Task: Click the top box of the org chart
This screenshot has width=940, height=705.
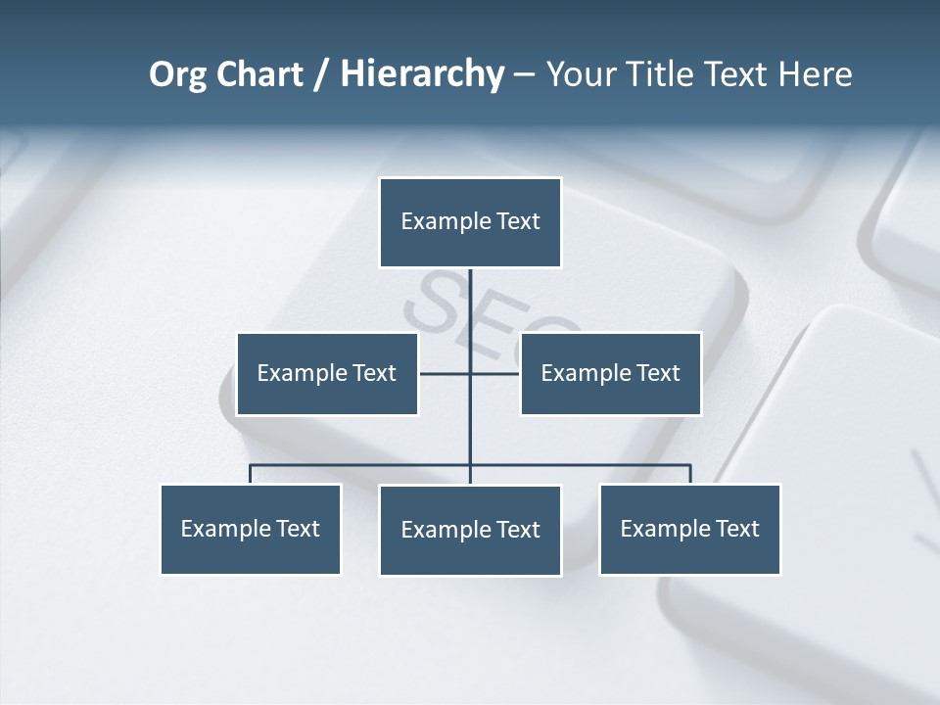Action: tap(470, 222)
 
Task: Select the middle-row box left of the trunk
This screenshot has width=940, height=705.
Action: tap(327, 373)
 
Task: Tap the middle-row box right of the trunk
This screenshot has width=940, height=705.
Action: tap(610, 373)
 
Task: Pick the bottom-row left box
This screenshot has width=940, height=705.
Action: tap(251, 529)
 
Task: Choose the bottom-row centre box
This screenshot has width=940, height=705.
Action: tap(470, 530)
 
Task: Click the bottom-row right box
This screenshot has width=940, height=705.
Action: tap(689, 529)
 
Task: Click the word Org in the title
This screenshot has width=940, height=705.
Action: tap(177, 74)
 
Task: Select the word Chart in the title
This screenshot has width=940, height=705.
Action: tap(258, 74)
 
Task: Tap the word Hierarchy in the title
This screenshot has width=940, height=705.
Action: tap(422, 74)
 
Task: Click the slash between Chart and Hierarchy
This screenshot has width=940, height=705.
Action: tap(322, 75)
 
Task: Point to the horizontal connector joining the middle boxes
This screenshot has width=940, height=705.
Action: tap(446, 373)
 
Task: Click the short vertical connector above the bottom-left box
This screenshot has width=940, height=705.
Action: tap(251, 474)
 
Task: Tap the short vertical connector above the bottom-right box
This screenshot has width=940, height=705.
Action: tap(689, 474)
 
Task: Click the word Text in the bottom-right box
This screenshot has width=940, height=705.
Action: tap(737, 529)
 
